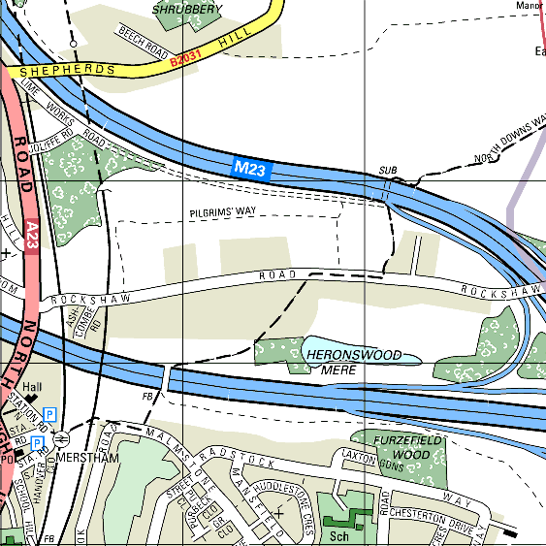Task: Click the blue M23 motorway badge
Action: tap(249, 168)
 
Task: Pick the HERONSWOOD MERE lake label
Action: tap(352, 363)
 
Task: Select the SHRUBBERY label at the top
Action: tap(187, 9)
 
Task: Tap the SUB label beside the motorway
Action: tap(388, 171)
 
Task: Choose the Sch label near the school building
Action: tap(338, 534)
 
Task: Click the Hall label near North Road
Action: tap(33, 385)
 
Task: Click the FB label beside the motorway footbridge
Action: tap(148, 396)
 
